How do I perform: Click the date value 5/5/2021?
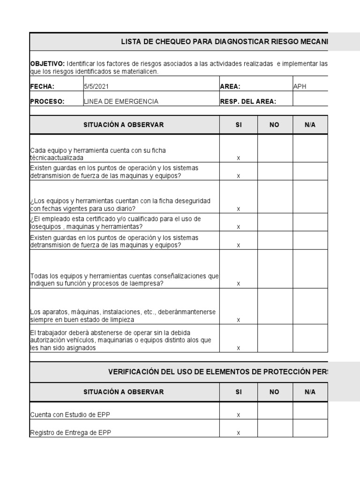(x=98, y=86)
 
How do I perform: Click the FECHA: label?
(x=42, y=86)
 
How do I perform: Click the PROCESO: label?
(x=47, y=101)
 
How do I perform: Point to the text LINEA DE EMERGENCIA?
(x=120, y=101)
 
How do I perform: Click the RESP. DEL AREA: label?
(x=247, y=101)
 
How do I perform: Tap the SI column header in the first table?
(x=238, y=125)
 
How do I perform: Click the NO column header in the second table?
(x=275, y=392)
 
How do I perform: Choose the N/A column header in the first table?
(x=310, y=125)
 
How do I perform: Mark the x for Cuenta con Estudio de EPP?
(x=238, y=415)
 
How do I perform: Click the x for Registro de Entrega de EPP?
(x=238, y=433)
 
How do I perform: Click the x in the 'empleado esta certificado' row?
(x=238, y=227)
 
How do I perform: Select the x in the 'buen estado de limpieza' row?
(x=238, y=320)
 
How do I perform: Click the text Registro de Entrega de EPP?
(x=70, y=433)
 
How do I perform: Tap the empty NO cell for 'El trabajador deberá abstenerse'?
(x=275, y=338)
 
